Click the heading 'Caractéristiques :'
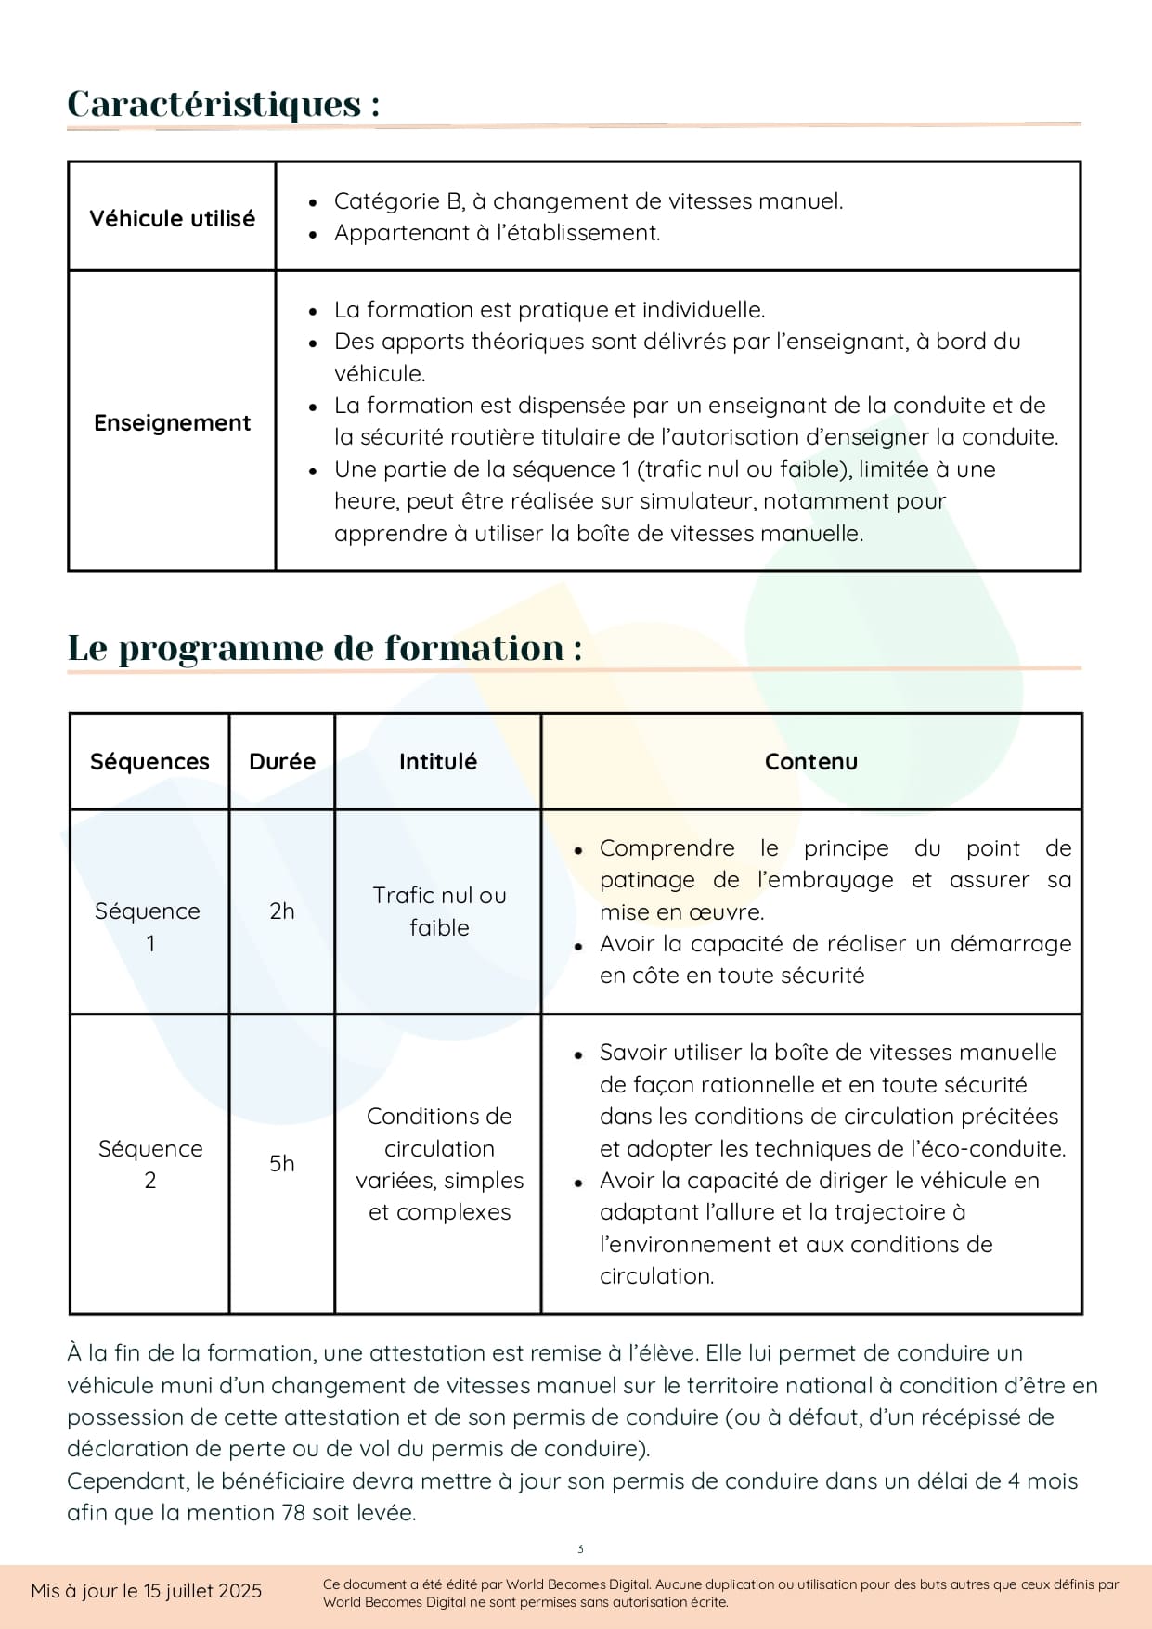[x=223, y=104]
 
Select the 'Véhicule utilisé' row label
[x=172, y=218]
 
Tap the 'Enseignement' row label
[x=172, y=423]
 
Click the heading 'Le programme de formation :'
[x=325, y=648]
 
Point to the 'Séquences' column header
[x=149, y=762]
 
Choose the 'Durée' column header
[x=282, y=762]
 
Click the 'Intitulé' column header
[x=438, y=762]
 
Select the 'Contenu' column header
[x=810, y=762]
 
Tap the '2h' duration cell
[x=282, y=911]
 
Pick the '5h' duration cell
[x=282, y=1164]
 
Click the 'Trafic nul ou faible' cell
[x=439, y=911]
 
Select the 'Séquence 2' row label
[x=150, y=1164]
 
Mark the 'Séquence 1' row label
[x=149, y=926]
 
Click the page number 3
[x=580, y=1548]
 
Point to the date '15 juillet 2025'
[x=202, y=1591]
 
